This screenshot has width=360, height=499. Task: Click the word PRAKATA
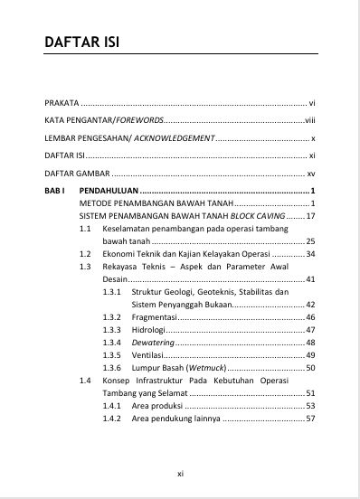[62, 103]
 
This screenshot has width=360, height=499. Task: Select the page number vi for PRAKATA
[311, 103]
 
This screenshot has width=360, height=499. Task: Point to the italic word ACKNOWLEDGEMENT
[176, 138]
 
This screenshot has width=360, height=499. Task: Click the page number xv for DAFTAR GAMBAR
[310, 174]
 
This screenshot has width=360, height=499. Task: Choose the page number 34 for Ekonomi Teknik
[309, 255]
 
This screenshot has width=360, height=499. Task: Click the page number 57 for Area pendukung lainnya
[309, 419]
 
